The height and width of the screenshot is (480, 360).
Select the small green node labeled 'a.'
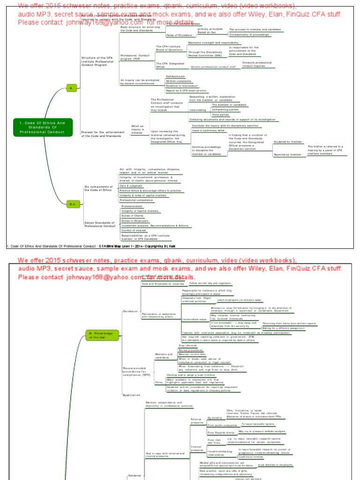[x=71, y=88]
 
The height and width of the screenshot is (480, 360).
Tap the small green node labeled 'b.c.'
[x=72, y=204]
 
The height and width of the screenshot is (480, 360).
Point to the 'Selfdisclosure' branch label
[x=175, y=76]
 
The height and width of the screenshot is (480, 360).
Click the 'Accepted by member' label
[x=287, y=141]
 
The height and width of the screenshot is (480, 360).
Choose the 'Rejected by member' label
[x=287, y=154]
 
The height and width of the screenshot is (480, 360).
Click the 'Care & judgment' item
[x=131, y=186]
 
